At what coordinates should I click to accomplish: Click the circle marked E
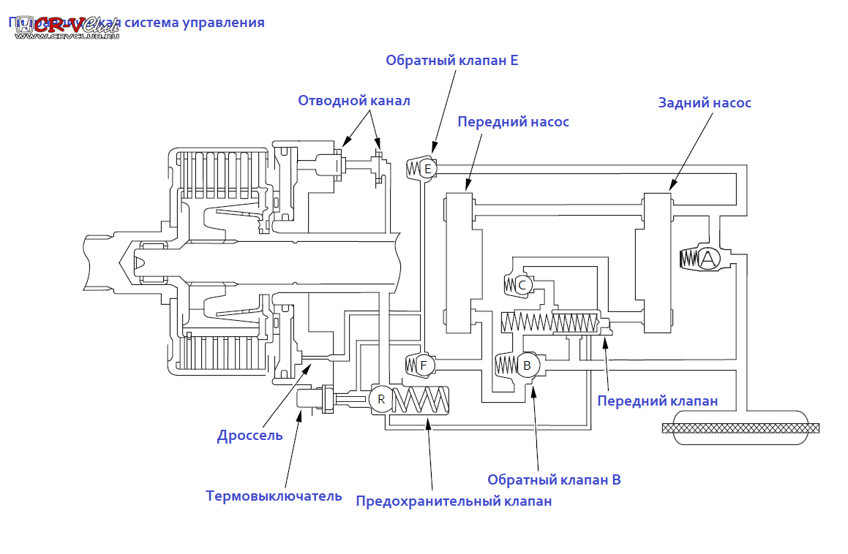click(x=428, y=169)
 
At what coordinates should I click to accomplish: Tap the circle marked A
click(x=708, y=258)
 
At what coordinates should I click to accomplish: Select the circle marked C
click(x=522, y=285)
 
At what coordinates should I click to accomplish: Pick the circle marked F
click(x=424, y=364)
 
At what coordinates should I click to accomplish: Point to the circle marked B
click(x=527, y=365)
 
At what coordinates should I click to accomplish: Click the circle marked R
click(x=380, y=399)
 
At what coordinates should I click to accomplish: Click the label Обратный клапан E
click(x=452, y=61)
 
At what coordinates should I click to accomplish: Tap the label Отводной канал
click(x=354, y=101)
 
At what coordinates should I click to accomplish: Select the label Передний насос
click(x=513, y=121)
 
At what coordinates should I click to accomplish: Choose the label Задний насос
click(x=705, y=103)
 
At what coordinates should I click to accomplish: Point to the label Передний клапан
click(x=657, y=401)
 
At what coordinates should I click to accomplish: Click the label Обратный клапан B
click(x=554, y=480)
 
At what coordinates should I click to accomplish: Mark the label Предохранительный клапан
click(x=454, y=501)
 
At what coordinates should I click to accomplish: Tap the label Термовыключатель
click(x=274, y=496)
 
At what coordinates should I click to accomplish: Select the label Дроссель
click(x=249, y=436)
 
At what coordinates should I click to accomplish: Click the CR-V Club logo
click(x=66, y=27)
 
